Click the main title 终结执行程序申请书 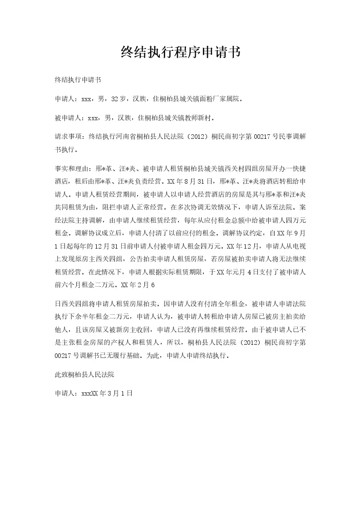[180, 52]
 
